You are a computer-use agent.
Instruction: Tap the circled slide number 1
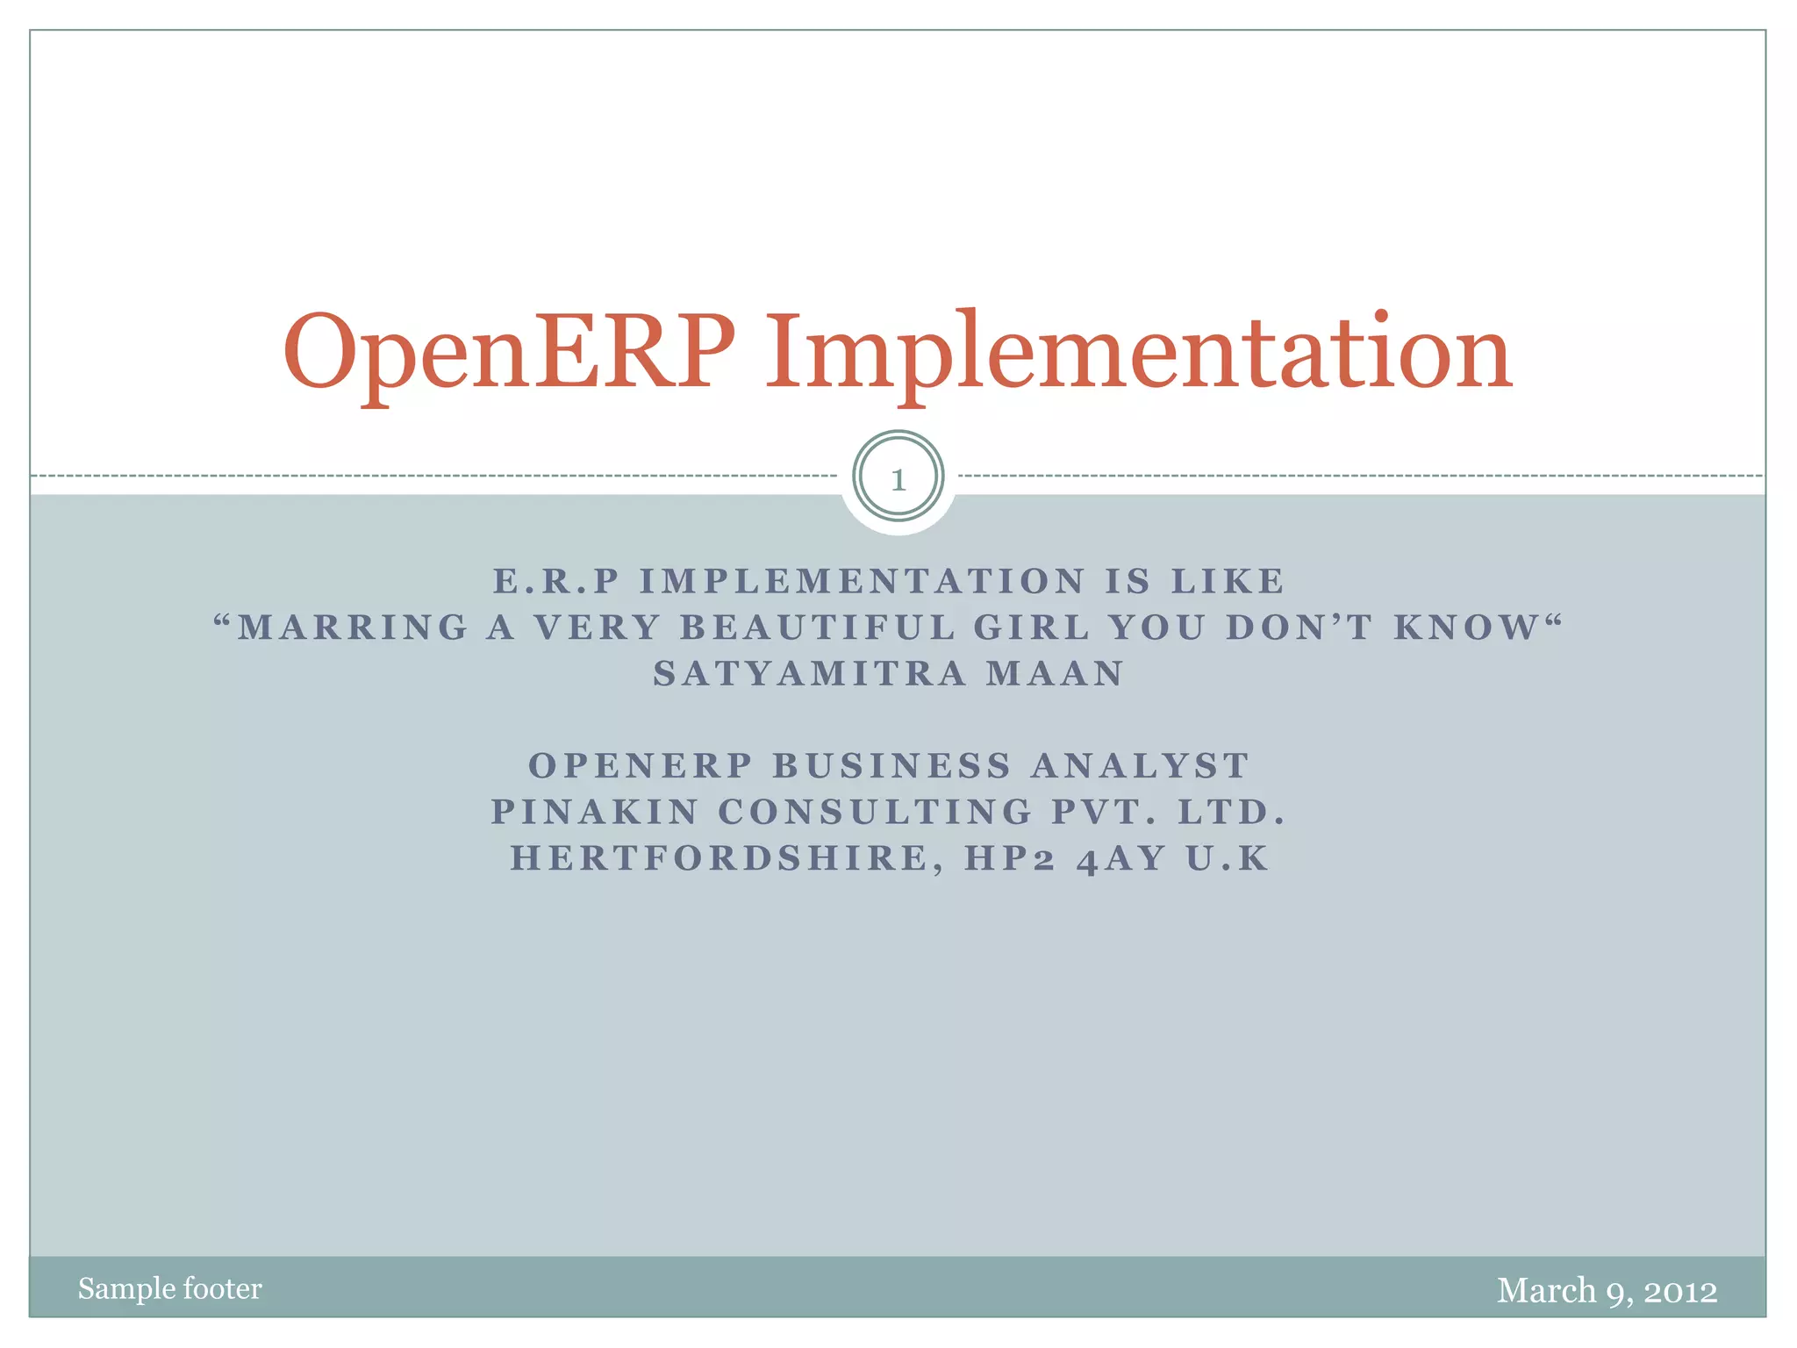[898, 479]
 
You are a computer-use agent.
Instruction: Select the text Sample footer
[169, 1288]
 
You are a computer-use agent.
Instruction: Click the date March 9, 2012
[1607, 1290]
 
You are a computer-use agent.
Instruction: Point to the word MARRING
[354, 627]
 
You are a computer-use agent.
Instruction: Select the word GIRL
[1032, 627]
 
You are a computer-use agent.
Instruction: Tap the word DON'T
[1299, 627]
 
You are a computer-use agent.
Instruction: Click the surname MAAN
[1055, 674]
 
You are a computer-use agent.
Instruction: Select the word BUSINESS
[891, 766]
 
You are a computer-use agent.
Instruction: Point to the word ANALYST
[1140, 766]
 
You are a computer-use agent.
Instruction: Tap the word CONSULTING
[876, 812]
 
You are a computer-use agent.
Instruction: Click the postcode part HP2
[1010, 858]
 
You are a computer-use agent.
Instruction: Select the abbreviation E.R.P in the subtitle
[556, 581]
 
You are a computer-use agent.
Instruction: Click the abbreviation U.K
[1228, 858]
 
